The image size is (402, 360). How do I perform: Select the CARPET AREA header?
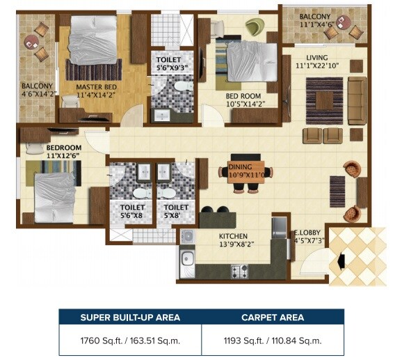click(x=272, y=318)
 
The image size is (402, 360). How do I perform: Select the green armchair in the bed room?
click(x=254, y=27)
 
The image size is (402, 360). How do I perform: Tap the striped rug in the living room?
click(x=324, y=100)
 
